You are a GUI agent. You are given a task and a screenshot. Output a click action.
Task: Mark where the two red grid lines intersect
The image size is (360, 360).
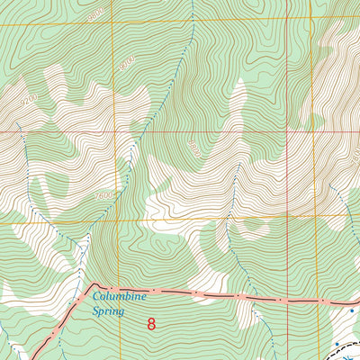287,131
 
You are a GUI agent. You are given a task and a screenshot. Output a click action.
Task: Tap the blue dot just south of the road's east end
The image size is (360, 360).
353,311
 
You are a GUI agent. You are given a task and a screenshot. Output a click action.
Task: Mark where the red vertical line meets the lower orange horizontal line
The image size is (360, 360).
287,220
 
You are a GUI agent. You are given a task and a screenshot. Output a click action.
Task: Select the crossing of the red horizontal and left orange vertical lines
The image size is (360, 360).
113,131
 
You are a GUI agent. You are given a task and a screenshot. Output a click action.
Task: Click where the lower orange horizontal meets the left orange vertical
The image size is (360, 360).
113,220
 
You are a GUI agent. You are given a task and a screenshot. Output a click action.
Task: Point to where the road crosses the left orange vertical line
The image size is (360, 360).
113,289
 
